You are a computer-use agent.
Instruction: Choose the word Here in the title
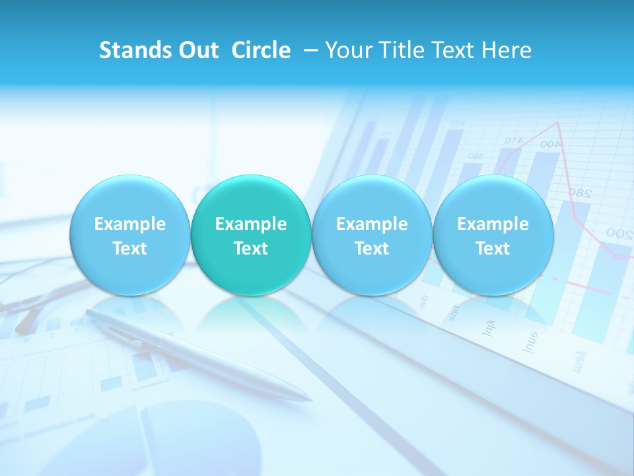(506, 50)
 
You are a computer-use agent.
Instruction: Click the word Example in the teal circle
(251, 224)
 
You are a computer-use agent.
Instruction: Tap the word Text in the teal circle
(251, 249)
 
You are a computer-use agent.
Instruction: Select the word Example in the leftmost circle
(130, 224)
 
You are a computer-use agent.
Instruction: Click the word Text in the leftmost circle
(130, 249)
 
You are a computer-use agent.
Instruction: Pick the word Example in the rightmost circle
(493, 224)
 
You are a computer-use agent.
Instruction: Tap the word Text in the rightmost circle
(493, 249)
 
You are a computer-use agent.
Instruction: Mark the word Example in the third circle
(372, 224)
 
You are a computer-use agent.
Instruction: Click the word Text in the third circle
(372, 249)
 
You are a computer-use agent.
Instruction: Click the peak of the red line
(559, 122)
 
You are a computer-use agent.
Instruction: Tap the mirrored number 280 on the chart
(579, 193)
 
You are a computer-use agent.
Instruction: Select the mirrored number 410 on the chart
(514, 140)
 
